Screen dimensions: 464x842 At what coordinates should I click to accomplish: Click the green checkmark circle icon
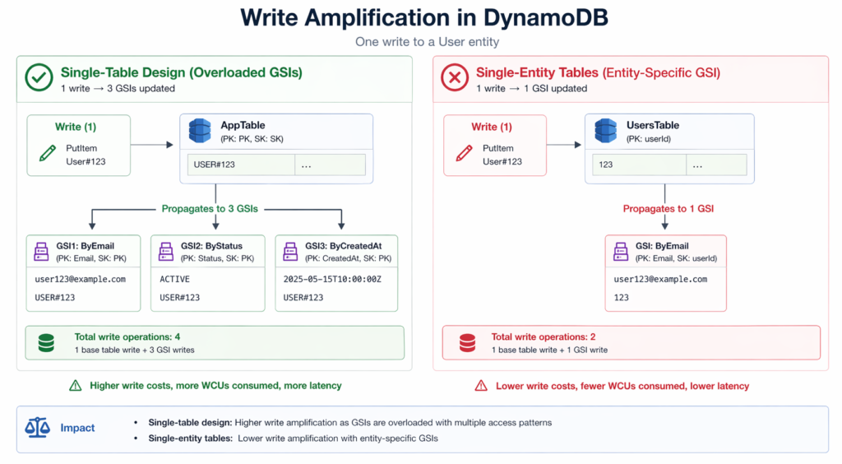[x=38, y=79]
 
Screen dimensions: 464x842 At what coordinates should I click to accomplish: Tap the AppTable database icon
[x=200, y=131]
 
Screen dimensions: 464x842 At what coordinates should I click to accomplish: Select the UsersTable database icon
[x=606, y=131]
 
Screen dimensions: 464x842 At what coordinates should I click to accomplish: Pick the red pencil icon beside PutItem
[x=464, y=153]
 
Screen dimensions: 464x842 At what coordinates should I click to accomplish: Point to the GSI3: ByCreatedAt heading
[x=343, y=245]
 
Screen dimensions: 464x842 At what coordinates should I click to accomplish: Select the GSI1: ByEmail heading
[x=86, y=245]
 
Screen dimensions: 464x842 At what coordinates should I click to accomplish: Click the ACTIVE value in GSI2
[x=174, y=279]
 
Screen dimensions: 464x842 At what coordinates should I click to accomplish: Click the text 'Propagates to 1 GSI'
[x=668, y=208]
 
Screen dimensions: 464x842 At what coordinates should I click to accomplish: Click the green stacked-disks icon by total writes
[x=46, y=343]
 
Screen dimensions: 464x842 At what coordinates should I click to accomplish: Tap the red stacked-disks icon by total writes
[x=467, y=343]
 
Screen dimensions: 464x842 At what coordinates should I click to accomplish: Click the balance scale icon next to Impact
[x=38, y=428]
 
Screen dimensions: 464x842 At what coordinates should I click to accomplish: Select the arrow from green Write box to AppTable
[x=151, y=145]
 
